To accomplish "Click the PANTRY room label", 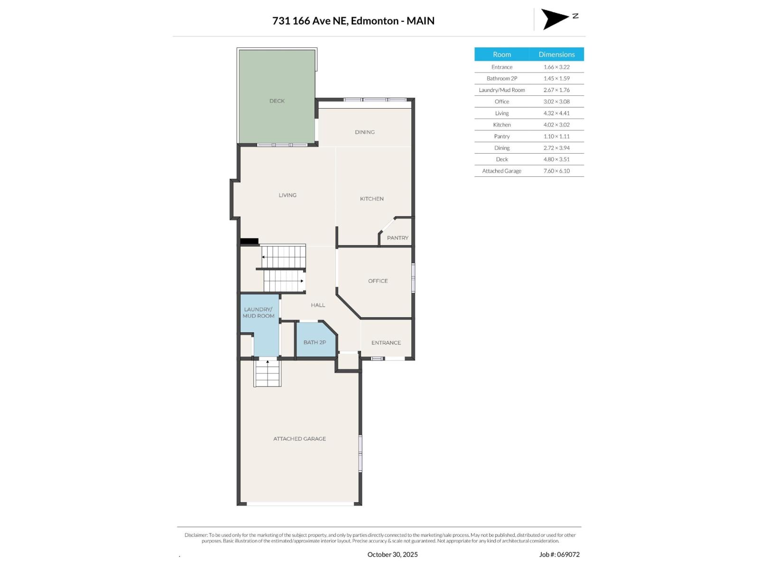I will coord(398,238).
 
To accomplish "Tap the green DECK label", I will coord(277,101).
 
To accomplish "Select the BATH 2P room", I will coord(315,342).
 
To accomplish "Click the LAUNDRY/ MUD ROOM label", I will coord(259,312).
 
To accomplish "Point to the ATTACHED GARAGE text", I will coord(299,439).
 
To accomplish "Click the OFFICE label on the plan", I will coord(378,281).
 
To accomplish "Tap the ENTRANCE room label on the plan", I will coord(386,343).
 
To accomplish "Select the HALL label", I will coord(318,305).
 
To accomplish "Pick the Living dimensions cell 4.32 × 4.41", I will coord(556,113).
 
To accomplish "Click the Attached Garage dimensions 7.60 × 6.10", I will coord(556,171).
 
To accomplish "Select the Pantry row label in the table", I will coord(502,137).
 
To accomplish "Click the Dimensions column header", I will coord(556,55).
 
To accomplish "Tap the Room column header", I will coord(502,55).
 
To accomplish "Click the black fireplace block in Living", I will coord(249,241).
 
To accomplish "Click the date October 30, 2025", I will coord(393,554).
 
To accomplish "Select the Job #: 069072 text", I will coord(559,554).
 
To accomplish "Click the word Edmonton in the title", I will coord(375,21).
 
